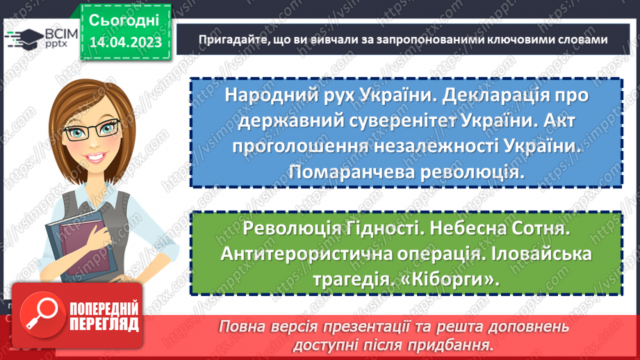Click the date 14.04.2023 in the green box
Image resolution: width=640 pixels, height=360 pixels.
(126, 42)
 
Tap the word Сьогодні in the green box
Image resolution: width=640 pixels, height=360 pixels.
(124, 20)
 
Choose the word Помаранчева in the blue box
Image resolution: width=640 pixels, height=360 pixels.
(352, 172)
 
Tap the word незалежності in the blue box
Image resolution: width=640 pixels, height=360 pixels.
(436, 147)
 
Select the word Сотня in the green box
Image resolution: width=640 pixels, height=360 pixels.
(539, 228)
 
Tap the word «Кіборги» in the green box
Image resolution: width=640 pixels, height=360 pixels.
(450, 280)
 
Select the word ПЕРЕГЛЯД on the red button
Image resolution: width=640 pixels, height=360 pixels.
(104, 325)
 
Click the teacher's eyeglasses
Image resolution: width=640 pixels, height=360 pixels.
(92, 130)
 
